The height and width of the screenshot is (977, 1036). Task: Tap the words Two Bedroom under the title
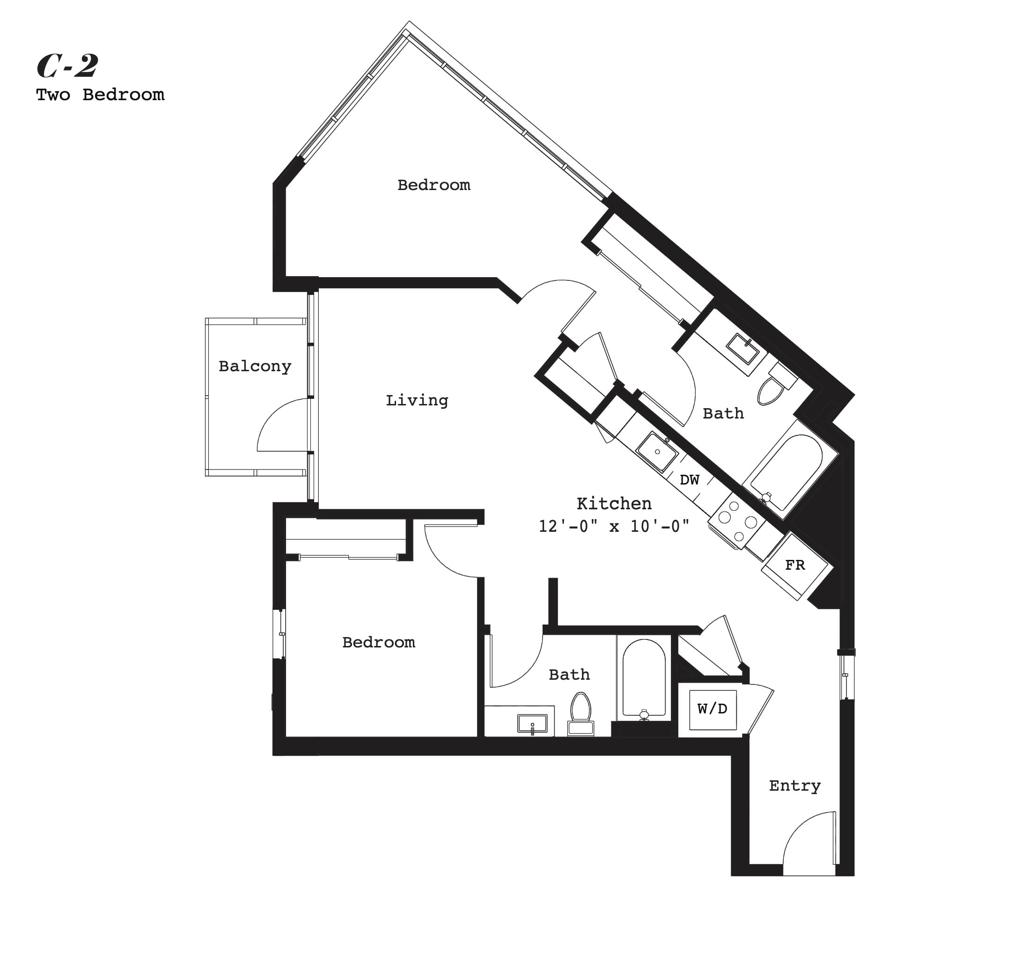coord(100,95)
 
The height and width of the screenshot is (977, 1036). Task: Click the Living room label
coord(417,400)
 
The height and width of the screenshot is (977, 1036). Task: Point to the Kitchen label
coord(614,503)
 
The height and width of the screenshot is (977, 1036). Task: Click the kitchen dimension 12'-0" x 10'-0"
coord(614,526)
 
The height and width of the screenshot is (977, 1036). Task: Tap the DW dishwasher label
coord(690,479)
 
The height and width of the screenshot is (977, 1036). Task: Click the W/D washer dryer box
coord(713,710)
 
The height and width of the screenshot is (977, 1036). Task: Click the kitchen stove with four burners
coord(737,521)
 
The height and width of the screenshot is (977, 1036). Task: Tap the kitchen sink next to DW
coord(657,452)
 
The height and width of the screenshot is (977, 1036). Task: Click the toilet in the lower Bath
coord(580,713)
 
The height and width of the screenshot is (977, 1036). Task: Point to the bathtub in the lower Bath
coord(644,678)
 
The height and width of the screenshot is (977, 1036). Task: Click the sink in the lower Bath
coord(532,723)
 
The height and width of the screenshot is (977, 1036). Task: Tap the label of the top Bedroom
coord(434,185)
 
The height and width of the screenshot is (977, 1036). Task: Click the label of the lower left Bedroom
coord(379,642)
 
